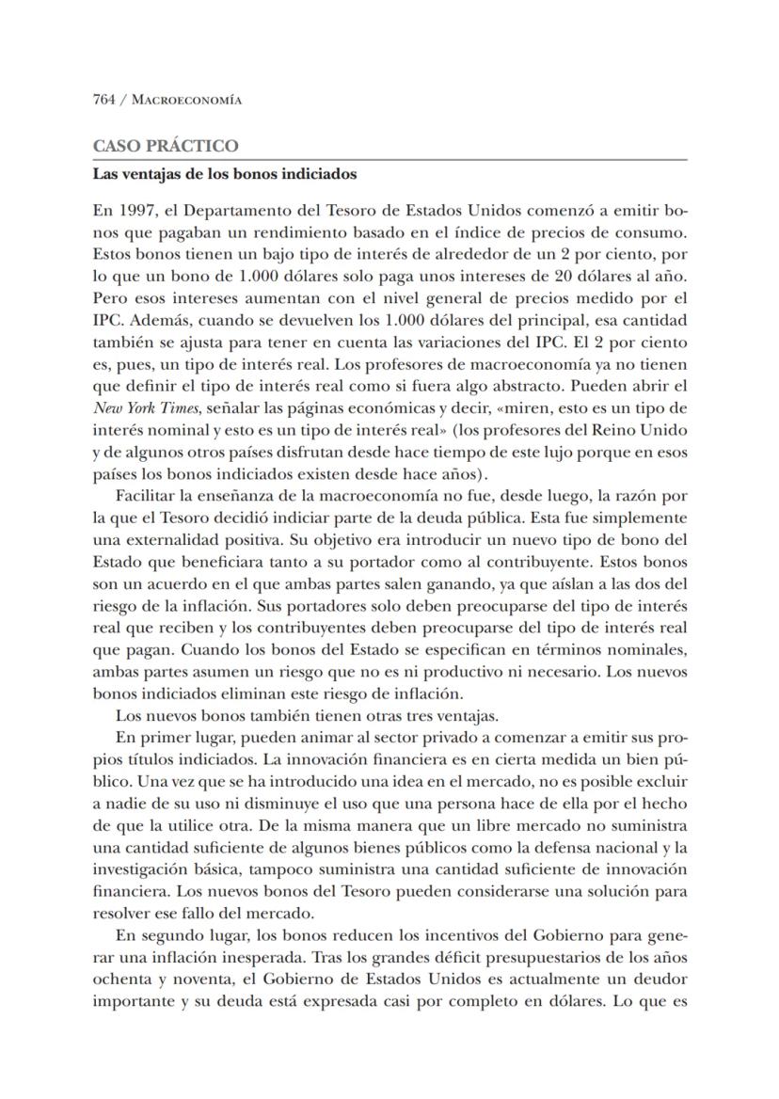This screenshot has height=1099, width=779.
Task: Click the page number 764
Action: pos(103,100)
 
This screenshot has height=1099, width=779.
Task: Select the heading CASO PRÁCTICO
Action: pos(166,146)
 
